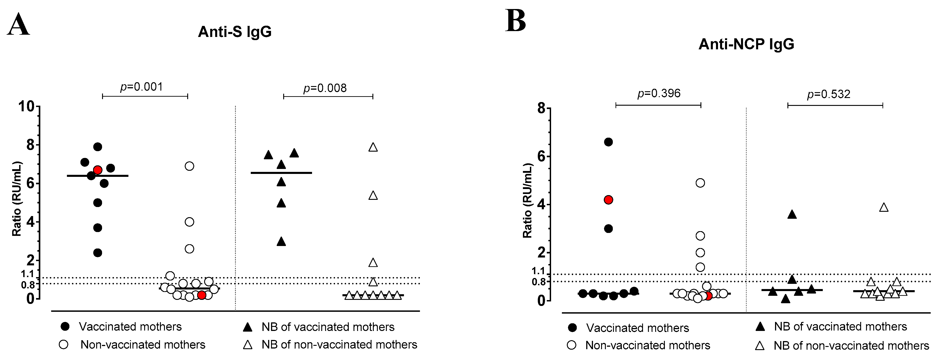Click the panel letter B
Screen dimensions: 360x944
pos(516,21)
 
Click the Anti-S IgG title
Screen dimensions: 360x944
pos(235,32)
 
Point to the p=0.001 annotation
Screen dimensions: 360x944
pos(141,87)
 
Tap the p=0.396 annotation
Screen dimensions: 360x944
pos(659,93)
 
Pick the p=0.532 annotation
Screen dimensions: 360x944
pos(829,94)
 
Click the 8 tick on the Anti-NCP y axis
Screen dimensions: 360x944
pos(541,109)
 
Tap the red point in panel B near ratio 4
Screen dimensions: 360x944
pos(608,200)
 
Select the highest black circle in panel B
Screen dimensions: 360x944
pos(608,142)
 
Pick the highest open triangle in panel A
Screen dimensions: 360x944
pos(373,147)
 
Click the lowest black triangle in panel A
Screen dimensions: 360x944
pos(281,242)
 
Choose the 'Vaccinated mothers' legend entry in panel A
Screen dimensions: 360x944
pos(130,327)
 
